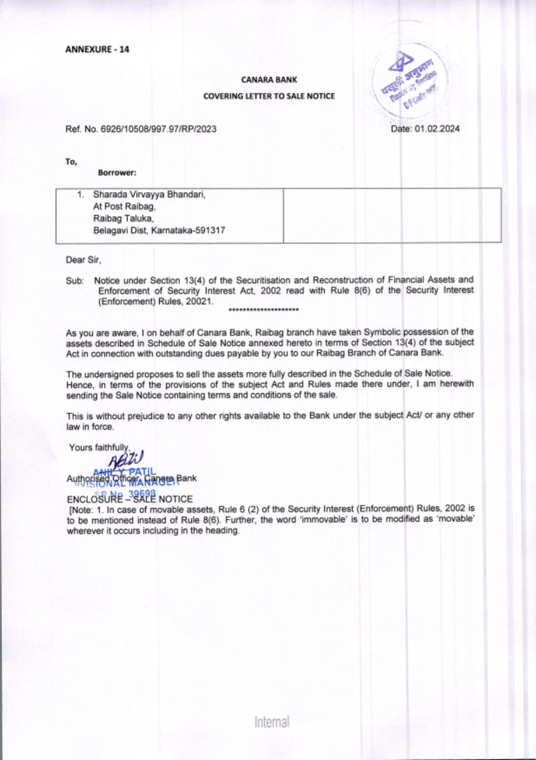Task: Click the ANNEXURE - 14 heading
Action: [97, 49]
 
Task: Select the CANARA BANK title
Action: [269, 80]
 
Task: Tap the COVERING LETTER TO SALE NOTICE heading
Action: [269, 96]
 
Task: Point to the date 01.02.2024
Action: [436, 129]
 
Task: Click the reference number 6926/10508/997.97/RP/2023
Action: [158, 129]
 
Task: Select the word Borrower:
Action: [117, 173]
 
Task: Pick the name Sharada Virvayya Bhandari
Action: [149, 195]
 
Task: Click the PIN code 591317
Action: [209, 231]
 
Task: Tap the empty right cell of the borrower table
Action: [392, 216]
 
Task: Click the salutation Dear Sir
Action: [83, 260]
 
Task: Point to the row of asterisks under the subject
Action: [263, 309]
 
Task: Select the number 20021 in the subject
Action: [201, 301]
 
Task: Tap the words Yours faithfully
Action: [99, 448]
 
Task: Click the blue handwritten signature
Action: [126, 459]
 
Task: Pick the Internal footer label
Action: [272, 722]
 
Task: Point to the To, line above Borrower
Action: [71, 161]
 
